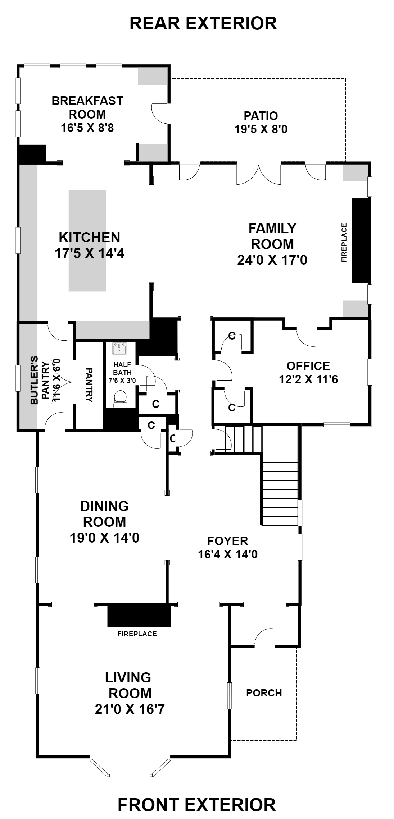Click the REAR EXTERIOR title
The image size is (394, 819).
click(203, 24)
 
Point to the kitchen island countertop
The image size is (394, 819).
click(87, 240)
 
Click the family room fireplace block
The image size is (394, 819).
click(361, 240)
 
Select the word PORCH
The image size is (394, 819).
click(264, 693)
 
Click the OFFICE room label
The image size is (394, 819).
click(308, 366)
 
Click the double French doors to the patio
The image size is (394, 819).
click(259, 174)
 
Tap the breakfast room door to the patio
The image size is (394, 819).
click(160, 114)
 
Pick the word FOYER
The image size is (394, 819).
click(228, 541)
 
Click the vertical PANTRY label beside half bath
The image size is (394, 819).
click(89, 385)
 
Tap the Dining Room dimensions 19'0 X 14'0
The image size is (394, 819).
click(104, 538)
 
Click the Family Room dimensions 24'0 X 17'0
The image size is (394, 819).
click(272, 260)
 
